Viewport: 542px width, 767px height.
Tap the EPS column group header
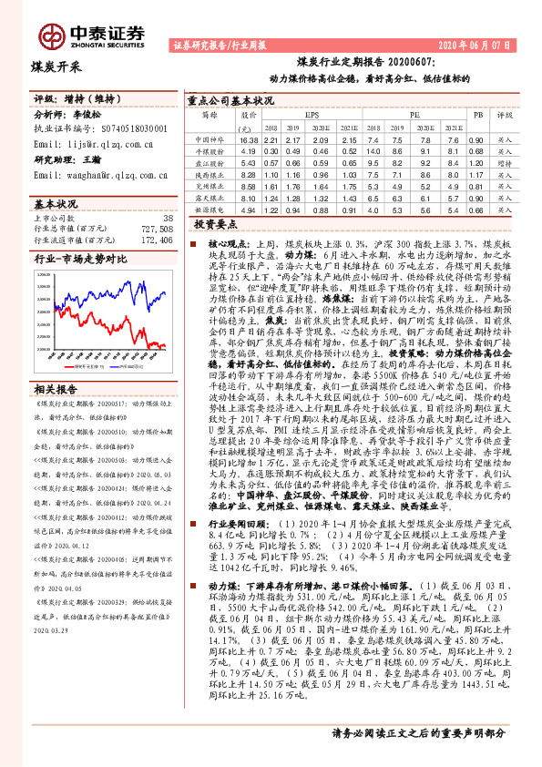click(312, 117)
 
